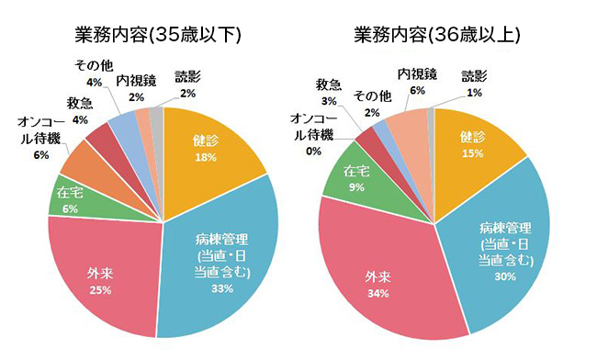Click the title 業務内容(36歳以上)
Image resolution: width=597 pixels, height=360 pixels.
click(438, 35)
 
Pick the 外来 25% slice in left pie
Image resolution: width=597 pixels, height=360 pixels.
click(101, 276)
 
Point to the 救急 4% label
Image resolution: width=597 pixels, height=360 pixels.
click(79, 109)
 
